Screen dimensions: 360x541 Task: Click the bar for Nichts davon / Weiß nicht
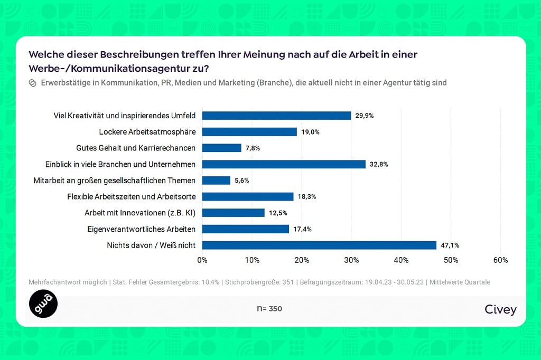click(x=319, y=245)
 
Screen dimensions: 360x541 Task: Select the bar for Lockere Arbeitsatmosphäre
click(x=249, y=132)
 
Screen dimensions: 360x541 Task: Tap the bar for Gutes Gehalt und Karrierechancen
click(x=221, y=148)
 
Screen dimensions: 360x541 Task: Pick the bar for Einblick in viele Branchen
click(x=284, y=164)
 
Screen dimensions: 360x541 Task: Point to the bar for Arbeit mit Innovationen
click(x=233, y=213)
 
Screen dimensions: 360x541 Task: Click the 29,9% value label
click(x=365, y=116)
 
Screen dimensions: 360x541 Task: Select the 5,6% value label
click(x=241, y=181)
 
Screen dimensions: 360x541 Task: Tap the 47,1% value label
click(x=450, y=245)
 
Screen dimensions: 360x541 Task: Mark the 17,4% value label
click(x=303, y=229)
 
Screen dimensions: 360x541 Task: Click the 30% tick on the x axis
click(x=351, y=260)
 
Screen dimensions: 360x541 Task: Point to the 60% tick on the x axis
click(x=500, y=260)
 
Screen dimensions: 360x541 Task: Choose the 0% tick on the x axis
click(x=202, y=260)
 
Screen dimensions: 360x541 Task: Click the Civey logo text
click(x=500, y=309)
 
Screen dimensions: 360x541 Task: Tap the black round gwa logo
click(x=43, y=304)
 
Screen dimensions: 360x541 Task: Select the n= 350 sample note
click(x=269, y=309)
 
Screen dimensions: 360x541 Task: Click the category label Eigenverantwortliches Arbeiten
click(x=142, y=229)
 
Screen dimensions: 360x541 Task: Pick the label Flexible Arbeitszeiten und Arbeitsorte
click(x=132, y=196)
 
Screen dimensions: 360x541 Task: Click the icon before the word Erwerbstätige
click(x=32, y=83)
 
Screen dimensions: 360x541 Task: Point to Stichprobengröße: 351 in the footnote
click(x=259, y=282)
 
